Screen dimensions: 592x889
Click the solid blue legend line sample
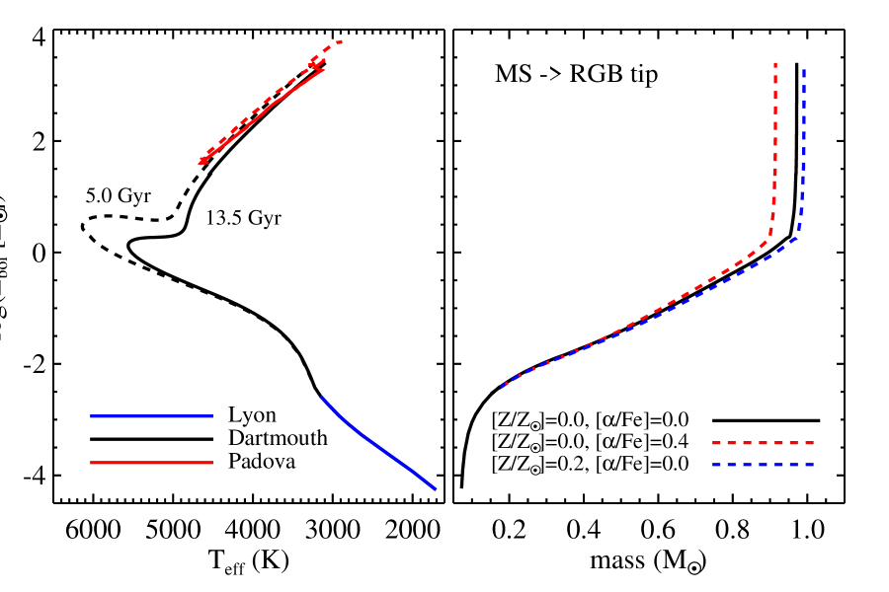click(151, 416)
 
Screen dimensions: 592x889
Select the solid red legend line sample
click(151, 463)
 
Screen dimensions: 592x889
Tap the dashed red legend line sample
click(763, 443)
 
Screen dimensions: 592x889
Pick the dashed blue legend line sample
click(763, 465)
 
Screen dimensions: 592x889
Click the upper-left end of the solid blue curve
click(322, 398)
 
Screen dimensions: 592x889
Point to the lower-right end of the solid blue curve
click(435, 488)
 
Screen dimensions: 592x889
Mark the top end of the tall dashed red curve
click(775, 64)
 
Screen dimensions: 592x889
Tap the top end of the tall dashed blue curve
click(804, 70)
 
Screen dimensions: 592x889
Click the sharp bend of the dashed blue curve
click(798, 235)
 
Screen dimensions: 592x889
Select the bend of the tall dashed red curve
click(769, 232)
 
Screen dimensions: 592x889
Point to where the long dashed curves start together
click(502, 388)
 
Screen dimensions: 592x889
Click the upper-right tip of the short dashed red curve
click(341, 41)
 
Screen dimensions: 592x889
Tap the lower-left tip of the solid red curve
click(201, 163)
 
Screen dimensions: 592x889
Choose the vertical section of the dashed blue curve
click(802, 148)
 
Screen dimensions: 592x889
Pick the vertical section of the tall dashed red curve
click(775, 138)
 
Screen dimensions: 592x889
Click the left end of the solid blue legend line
click(92, 416)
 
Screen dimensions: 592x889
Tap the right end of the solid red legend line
click(211, 463)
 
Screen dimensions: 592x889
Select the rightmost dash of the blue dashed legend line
click(807, 465)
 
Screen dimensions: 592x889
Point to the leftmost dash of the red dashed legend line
click(718, 443)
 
